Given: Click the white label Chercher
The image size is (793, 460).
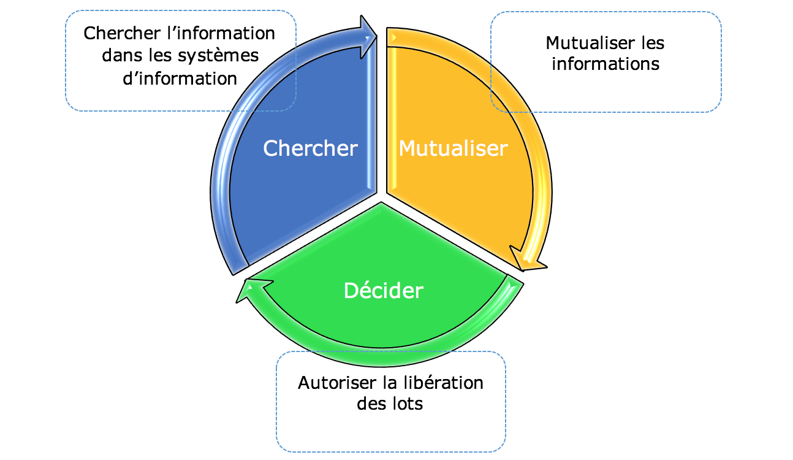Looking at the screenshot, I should click(310, 148).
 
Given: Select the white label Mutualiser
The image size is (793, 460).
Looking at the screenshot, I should click(453, 148).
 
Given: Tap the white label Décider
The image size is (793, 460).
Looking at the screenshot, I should click(384, 289).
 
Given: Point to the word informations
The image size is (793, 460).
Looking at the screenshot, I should click(605, 64).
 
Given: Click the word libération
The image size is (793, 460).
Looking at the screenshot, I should click(444, 383).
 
